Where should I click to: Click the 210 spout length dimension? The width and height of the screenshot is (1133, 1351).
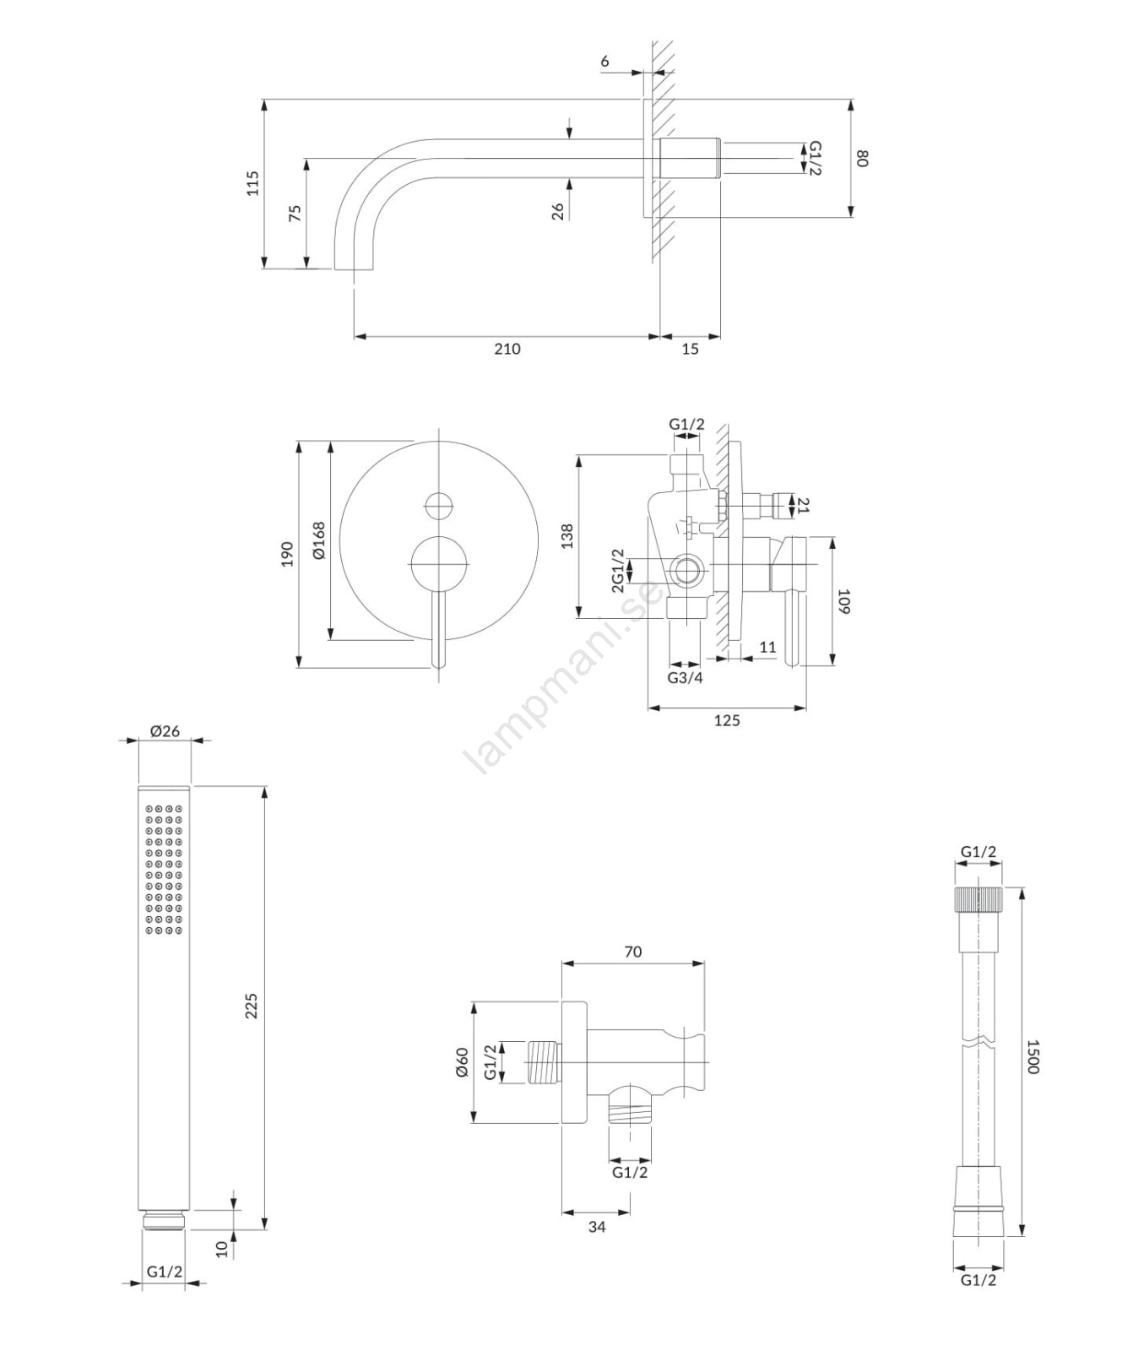pos(507,349)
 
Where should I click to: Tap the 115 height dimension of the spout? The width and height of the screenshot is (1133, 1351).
pos(252,183)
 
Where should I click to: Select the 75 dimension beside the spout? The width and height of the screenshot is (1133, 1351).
pos(295,212)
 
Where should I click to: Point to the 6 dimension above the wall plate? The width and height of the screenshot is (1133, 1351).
pos(605,62)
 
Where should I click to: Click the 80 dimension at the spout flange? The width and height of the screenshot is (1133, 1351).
pos(863,158)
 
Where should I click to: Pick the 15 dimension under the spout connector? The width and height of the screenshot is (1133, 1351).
pos(690,349)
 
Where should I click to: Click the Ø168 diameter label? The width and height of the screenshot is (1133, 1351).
pos(318,540)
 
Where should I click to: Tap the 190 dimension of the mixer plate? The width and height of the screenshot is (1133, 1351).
pos(287,554)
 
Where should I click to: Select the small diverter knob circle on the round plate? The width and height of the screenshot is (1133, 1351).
pos(439,506)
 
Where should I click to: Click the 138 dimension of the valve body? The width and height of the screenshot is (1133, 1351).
pos(566,537)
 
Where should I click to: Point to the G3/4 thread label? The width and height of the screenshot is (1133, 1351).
pos(685,677)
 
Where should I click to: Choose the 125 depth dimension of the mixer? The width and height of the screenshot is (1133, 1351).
pos(727,720)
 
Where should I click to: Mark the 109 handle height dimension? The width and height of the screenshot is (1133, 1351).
pos(843,601)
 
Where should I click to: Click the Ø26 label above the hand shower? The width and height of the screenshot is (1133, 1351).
pos(165,730)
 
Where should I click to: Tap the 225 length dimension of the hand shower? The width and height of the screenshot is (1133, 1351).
pos(252,1006)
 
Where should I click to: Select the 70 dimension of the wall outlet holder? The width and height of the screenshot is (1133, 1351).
pos(632,952)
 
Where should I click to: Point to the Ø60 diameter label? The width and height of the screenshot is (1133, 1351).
pos(461,1062)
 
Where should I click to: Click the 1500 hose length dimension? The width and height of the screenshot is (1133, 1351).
pos(1032,1056)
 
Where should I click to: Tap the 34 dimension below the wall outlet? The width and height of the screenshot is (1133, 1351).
pos(597,1226)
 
